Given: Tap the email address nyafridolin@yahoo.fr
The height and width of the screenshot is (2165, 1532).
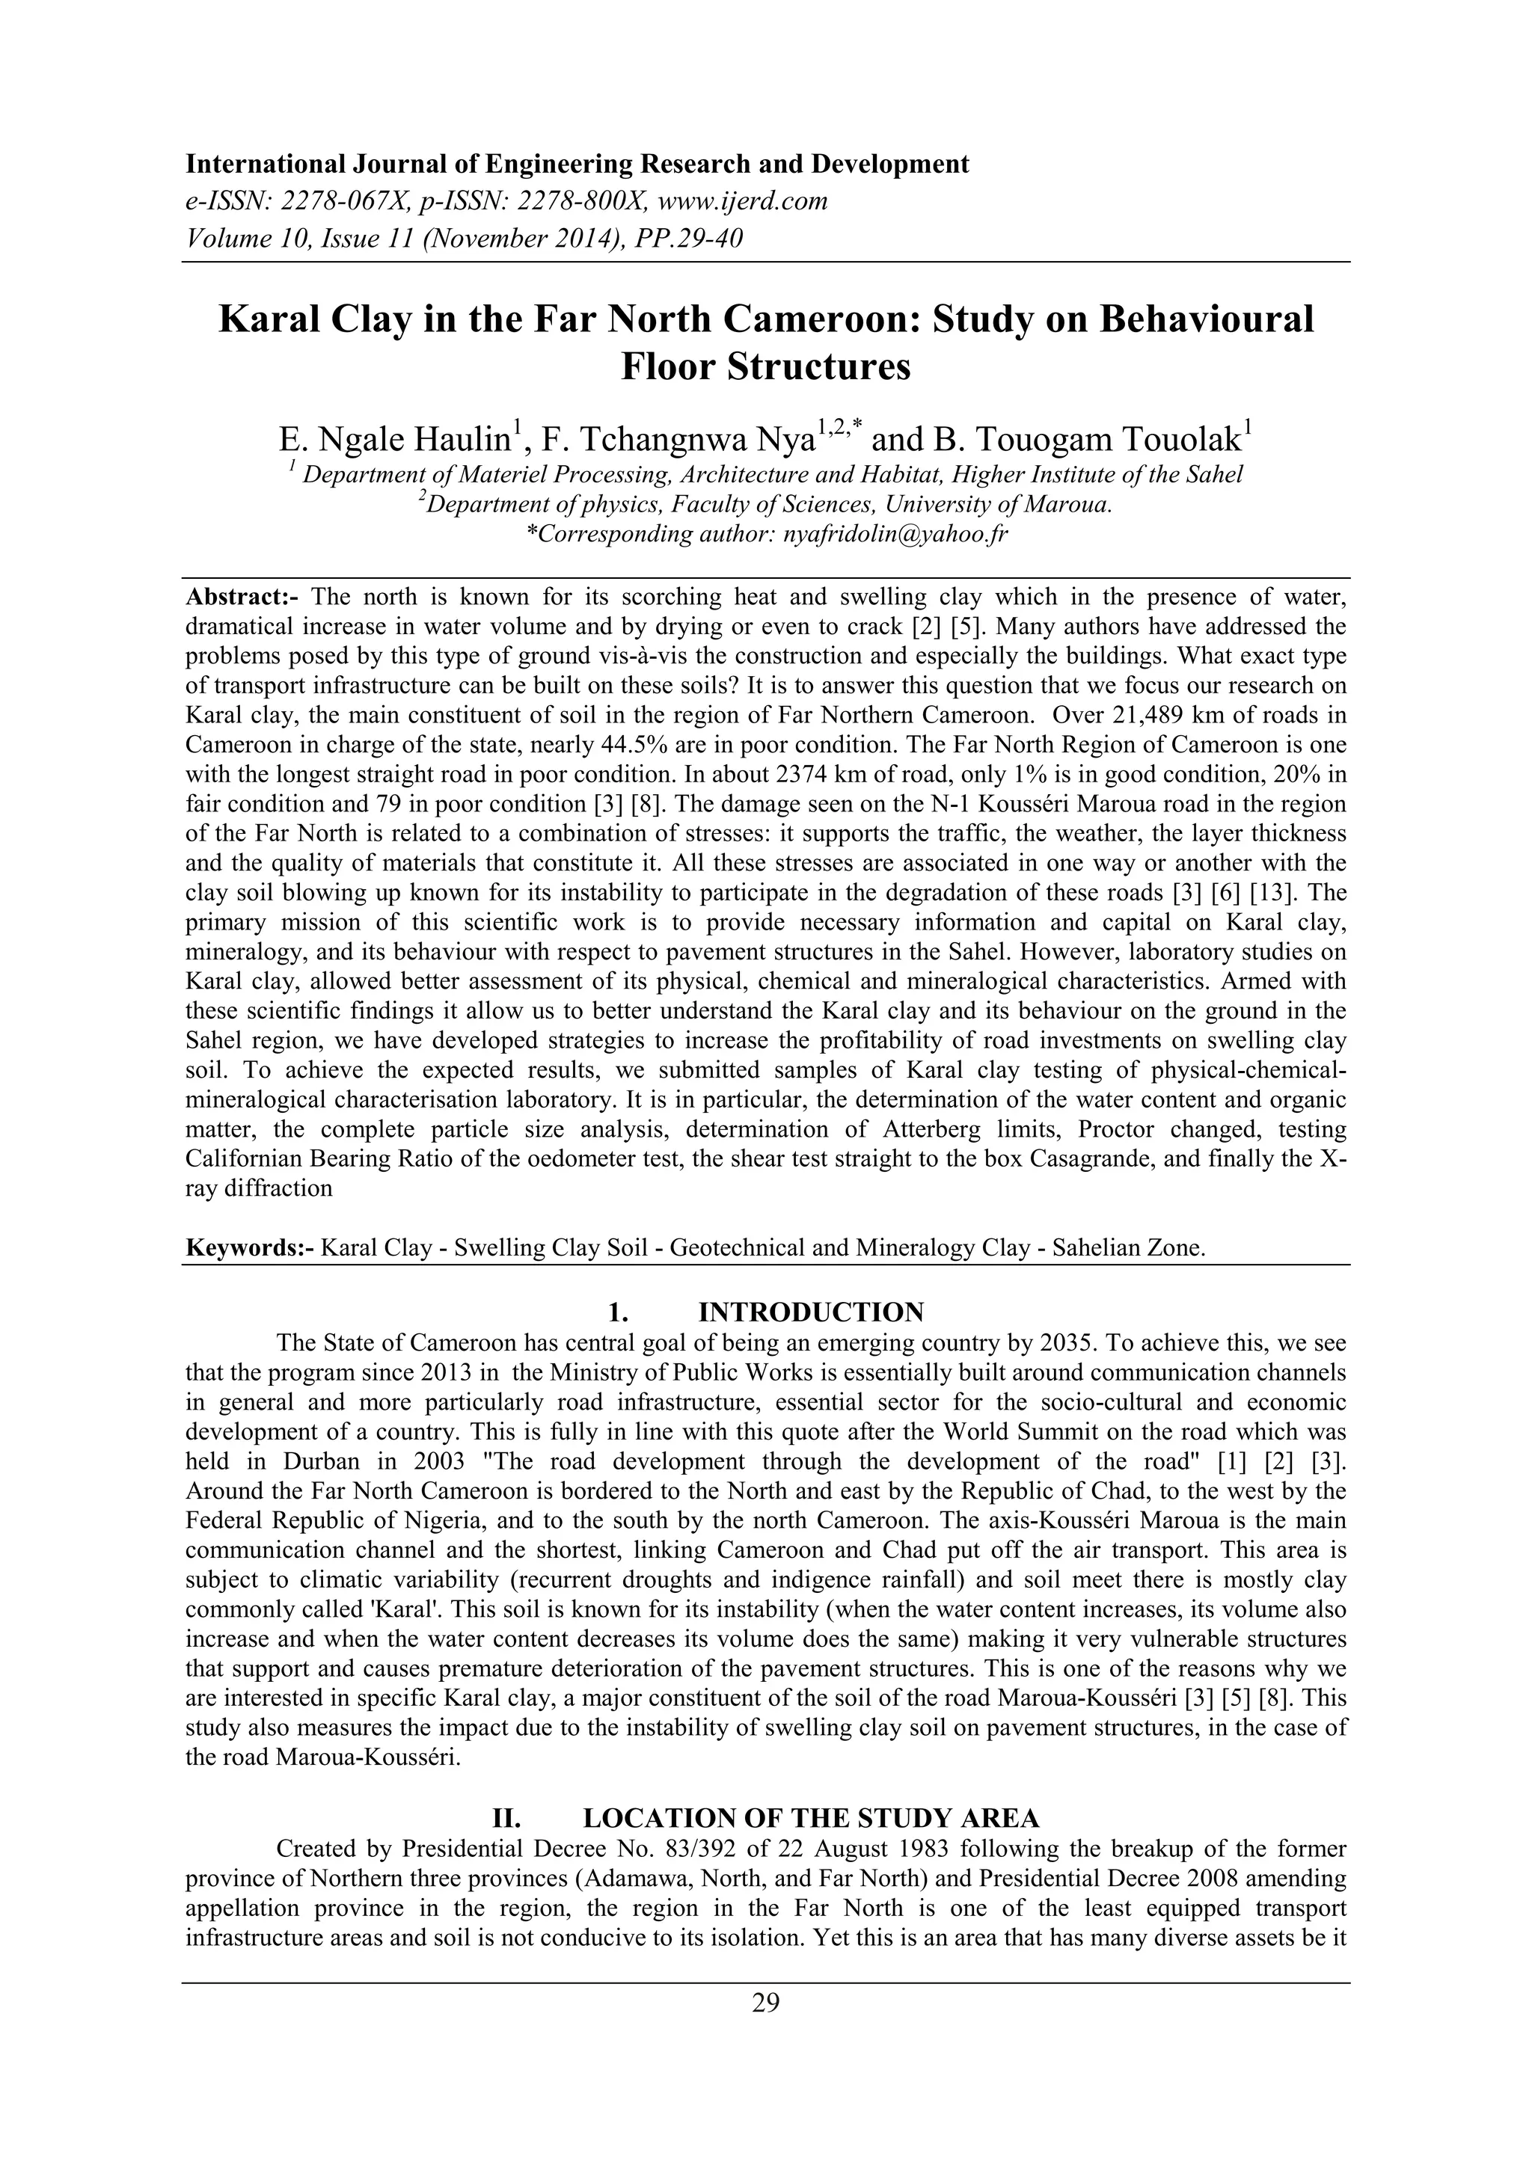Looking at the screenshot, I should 896,535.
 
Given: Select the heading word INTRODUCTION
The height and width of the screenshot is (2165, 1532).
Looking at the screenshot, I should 812,1312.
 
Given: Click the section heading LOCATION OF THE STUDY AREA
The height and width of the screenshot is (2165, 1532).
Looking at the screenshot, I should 812,1818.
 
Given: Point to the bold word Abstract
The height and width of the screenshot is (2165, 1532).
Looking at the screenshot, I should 242,597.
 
